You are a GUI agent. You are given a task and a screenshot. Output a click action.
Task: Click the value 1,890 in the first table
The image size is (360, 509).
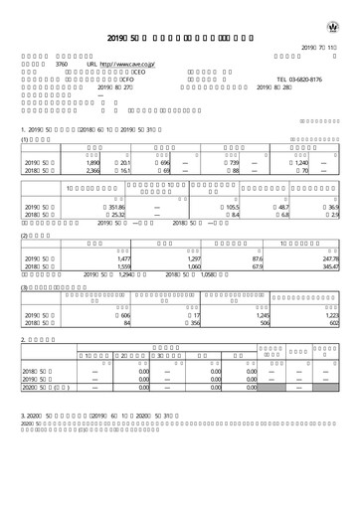[80, 162]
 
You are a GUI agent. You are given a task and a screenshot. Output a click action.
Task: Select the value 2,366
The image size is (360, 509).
[80, 170]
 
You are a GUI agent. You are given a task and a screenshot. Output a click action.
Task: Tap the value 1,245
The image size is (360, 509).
[262, 314]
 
